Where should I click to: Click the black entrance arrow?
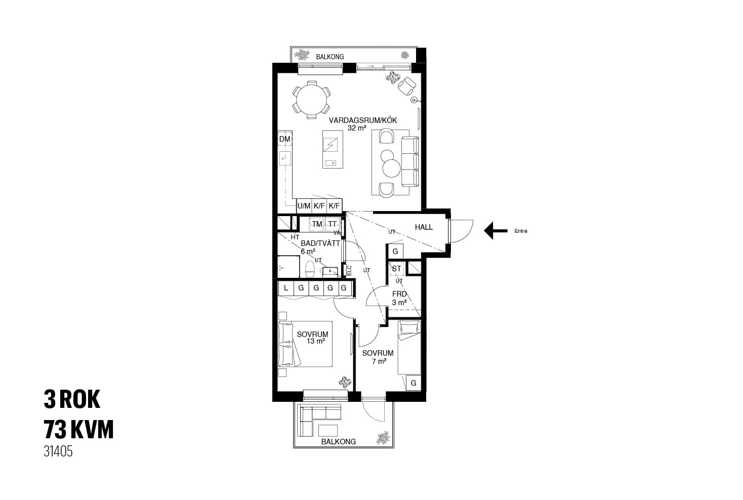pyautogui.click(x=496, y=230)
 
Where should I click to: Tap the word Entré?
pyautogui.click(x=521, y=231)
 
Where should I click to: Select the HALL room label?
pyautogui.click(x=424, y=227)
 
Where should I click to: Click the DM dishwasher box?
pyautogui.click(x=285, y=139)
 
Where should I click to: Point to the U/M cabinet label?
pyautogui.click(x=304, y=206)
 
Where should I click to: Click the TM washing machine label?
pyautogui.click(x=317, y=224)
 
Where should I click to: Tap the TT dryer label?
pyautogui.click(x=333, y=224)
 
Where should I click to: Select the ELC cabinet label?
pyautogui.click(x=349, y=270)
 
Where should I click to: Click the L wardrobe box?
pyautogui.click(x=286, y=288)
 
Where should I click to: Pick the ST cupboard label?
pyautogui.click(x=396, y=269)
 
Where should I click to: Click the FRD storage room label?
pyautogui.click(x=399, y=294)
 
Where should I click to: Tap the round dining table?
pyautogui.click(x=311, y=100)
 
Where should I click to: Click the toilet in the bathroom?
pyautogui.click(x=309, y=269)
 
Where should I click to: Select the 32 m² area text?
pyautogui.click(x=357, y=128)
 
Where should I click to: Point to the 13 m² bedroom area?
pyautogui.click(x=315, y=341)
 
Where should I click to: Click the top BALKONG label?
pyautogui.click(x=329, y=57)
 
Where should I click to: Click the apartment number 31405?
pyautogui.click(x=58, y=451)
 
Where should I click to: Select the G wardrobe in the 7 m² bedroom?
pyautogui.click(x=414, y=383)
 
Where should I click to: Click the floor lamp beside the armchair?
pyautogui.click(x=414, y=100)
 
